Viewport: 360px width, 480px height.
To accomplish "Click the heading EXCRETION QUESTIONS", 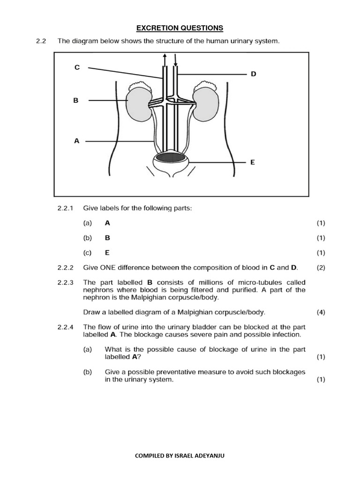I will click(x=180, y=28).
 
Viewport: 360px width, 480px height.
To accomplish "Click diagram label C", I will click(x=77, y=67).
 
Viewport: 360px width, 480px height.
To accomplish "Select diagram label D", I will click(x=254, y=74).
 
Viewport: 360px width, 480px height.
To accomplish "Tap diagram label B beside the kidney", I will click(x=75, y=100).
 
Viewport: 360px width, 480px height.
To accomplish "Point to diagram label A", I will click(x=76, y=141).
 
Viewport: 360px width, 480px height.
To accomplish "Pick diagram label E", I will click(x=253, y=162).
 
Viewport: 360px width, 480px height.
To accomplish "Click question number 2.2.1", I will click(x=66, y=208).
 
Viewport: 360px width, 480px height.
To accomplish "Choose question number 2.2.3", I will click(x=66, y=283).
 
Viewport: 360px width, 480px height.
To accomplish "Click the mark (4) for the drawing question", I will click(x=321, y=312).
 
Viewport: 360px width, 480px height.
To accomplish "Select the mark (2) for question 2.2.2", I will click(x=321, y=268).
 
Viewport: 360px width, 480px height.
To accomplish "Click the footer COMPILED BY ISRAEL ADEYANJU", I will click(x=180, y=455).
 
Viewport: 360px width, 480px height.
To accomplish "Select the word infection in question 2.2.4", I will click(x=284, y=335).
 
